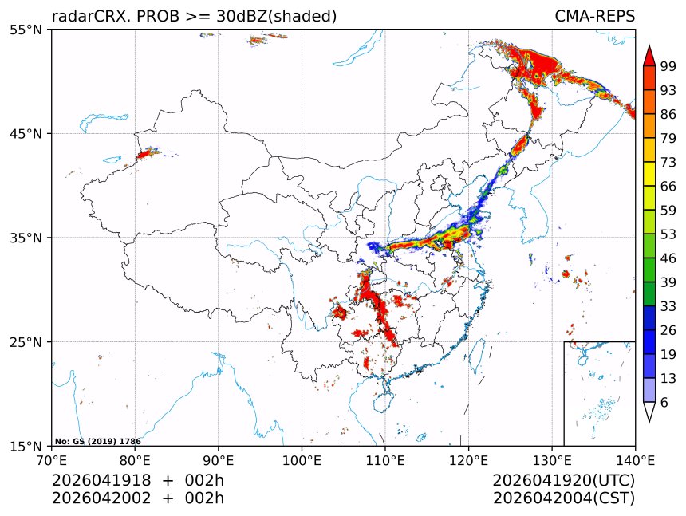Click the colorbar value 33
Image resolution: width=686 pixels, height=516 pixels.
pyautogui.click(x=668, y=306)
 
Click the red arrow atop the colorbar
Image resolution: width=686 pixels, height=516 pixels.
pyautogui.click(x=649, y=56)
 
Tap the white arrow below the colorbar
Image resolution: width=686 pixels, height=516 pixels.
pyautogui.click(x=649, y=412)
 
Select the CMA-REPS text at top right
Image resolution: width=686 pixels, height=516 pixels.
pyautogui.click(x=594, y=17)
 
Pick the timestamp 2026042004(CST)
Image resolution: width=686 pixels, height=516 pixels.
pyautogui.click(x=563, y=498)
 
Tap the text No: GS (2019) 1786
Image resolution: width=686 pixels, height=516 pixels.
pyautogui.click(x=97, y=441)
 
